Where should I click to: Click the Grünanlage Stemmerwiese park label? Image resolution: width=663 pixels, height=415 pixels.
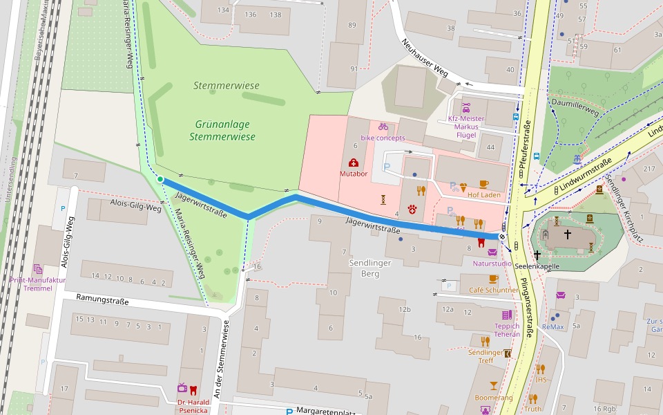222,130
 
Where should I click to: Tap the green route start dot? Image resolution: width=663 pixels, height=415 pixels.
160,179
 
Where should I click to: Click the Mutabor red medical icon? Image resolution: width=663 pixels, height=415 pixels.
354,163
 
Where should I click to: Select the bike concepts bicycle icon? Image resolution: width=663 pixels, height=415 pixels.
383,127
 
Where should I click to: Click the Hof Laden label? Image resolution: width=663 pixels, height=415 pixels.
483,194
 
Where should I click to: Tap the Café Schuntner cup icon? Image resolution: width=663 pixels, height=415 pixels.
493,279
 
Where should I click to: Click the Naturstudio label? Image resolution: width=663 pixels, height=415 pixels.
492,264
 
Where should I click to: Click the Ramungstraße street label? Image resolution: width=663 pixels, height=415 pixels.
102,302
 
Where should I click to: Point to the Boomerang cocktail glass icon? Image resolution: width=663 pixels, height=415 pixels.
494,385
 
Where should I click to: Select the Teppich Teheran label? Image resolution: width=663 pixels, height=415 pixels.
507,330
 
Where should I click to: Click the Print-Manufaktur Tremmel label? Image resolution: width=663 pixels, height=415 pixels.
38,284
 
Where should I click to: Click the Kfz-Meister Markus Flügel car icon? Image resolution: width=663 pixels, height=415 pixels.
466,108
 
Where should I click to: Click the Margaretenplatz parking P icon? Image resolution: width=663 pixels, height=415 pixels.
289,412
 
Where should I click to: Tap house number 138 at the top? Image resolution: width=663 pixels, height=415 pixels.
275,15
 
